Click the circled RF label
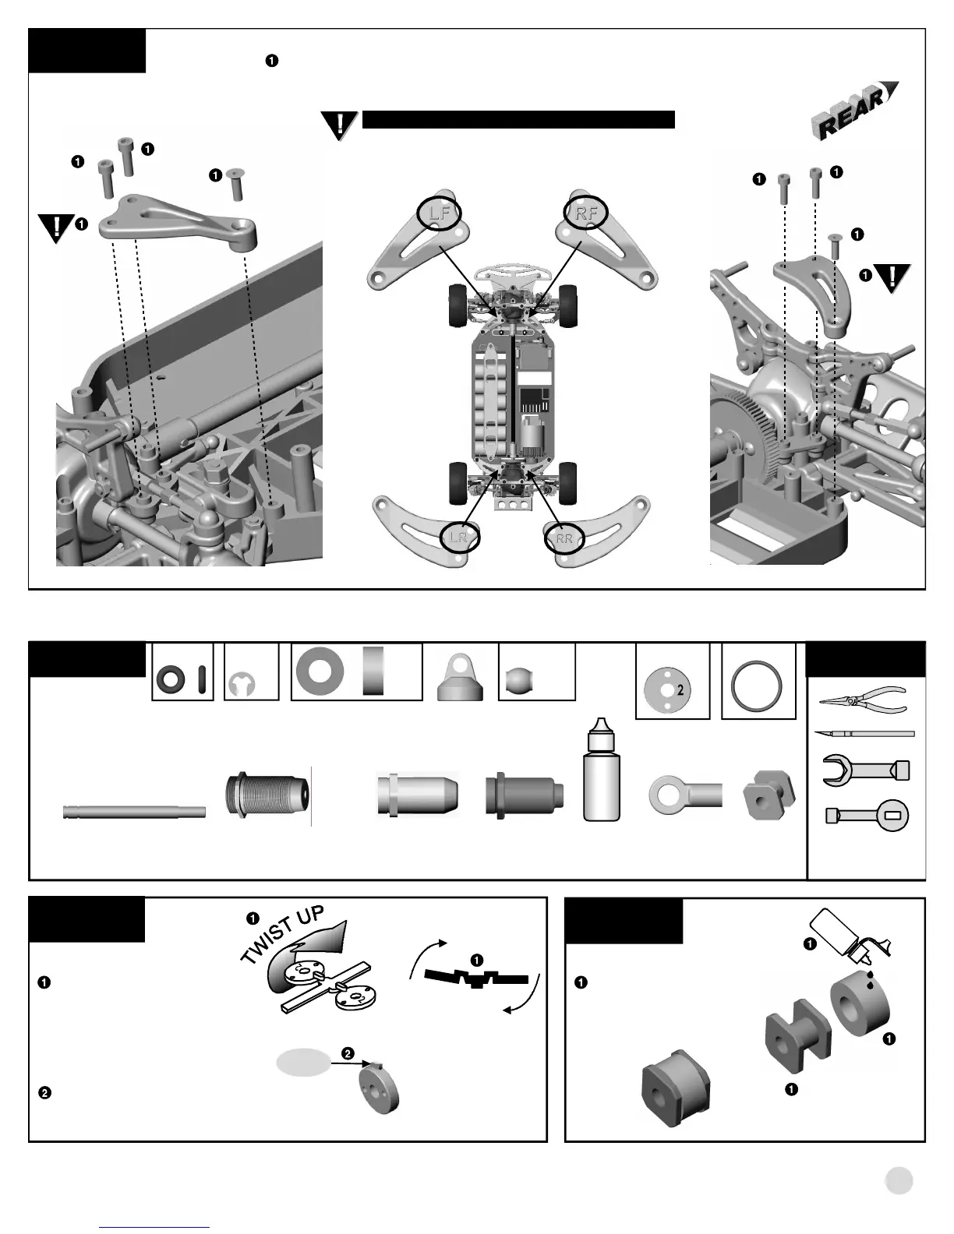point(585,212)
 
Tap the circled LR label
point(459,537)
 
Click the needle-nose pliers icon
point(863,698)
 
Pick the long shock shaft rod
point(134,812)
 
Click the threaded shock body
point(267,795)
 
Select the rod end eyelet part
point(685,795)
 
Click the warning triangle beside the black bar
point(340,125)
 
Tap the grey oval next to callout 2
point(303,1063)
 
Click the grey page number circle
point(899,1180)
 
